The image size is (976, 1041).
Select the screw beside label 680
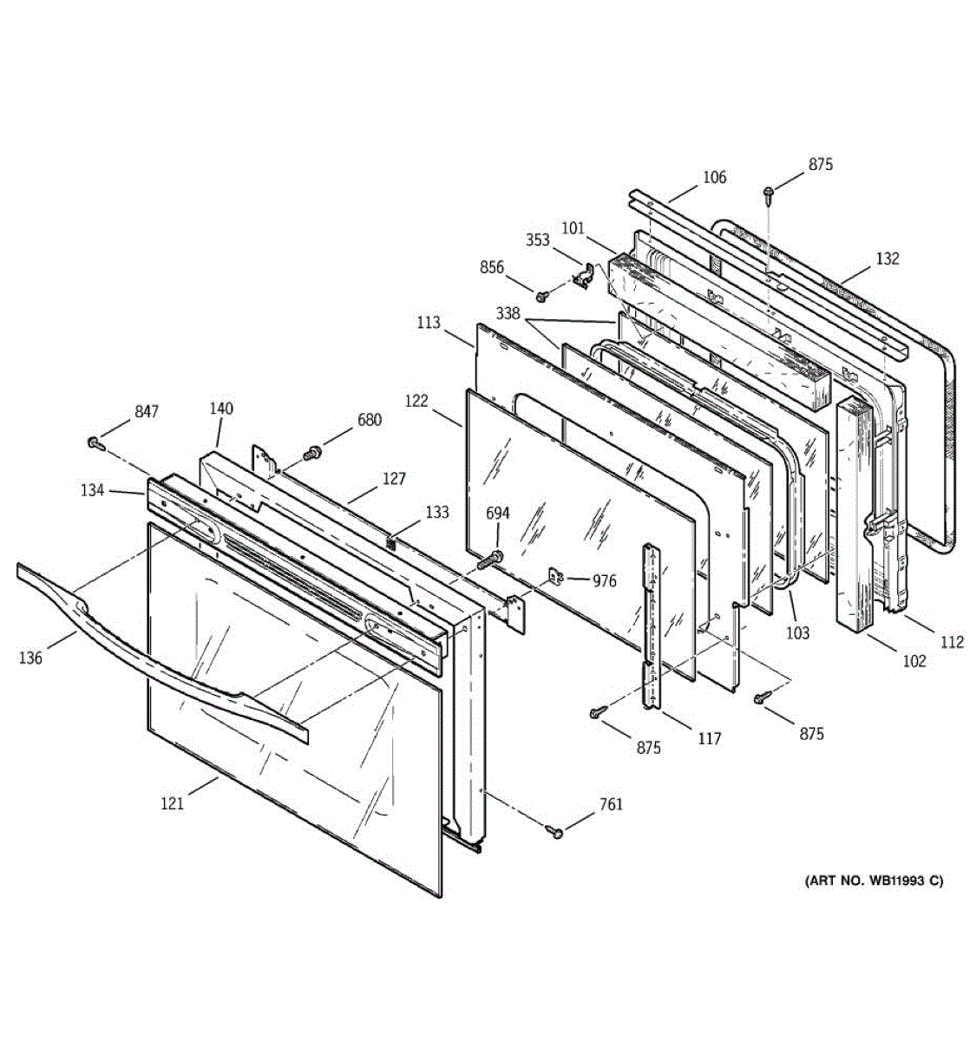[313, 451]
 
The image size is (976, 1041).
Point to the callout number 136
[30, 658]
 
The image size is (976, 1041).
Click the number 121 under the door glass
[172, 803]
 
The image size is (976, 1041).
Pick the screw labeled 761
[554, 830]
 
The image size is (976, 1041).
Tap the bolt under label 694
[490, 559]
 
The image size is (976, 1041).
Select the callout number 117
[709, 738]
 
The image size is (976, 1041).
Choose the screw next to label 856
[541, 296]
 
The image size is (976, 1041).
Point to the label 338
[508, 313]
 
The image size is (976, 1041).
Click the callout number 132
[888, 259]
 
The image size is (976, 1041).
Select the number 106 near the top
[714, 177]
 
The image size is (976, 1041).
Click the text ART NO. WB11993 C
[874, 881]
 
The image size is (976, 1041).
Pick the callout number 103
[797, 632]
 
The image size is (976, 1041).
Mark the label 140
[221, 408]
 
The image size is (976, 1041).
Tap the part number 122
[416, 401]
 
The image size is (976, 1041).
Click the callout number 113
[429, 323]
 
